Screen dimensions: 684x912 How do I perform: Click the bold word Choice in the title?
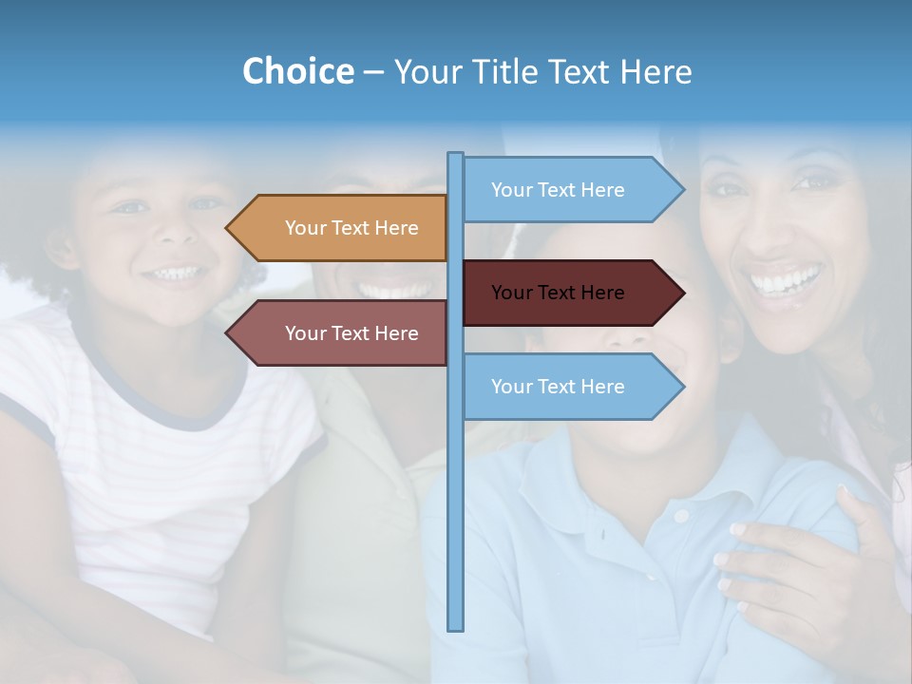point(297,71)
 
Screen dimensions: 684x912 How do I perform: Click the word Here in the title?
point(656,71)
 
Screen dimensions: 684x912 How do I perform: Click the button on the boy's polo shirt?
point(680,517)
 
